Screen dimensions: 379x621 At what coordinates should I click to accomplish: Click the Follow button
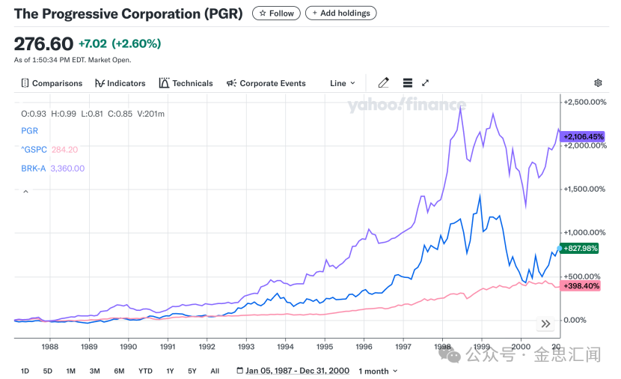pos(276,13)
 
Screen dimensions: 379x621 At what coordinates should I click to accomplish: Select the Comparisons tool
pos(52,83)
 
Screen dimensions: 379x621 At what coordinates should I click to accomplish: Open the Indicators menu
pos(120,83)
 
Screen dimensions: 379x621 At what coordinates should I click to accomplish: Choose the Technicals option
pos(186,83)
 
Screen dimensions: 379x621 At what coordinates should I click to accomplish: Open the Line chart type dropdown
pos(343,83)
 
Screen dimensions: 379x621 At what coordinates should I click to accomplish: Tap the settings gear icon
pos(598,83)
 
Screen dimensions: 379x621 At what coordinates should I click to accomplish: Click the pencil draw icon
pos(384,83)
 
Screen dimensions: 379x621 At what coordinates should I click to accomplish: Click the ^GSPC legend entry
pos(33,149)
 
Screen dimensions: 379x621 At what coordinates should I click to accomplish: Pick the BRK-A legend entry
pos(34,169)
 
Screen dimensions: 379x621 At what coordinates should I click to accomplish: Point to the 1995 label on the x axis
pos(325,347)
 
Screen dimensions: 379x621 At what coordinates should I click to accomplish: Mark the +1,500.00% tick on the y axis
pos(586,189)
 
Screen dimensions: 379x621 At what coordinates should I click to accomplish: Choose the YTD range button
pos(145,371)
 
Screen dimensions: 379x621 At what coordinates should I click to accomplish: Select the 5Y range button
pos(192,371)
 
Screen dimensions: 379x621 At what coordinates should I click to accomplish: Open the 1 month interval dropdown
pos(378,371)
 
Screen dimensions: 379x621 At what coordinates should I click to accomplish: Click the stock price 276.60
pos(43,43)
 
